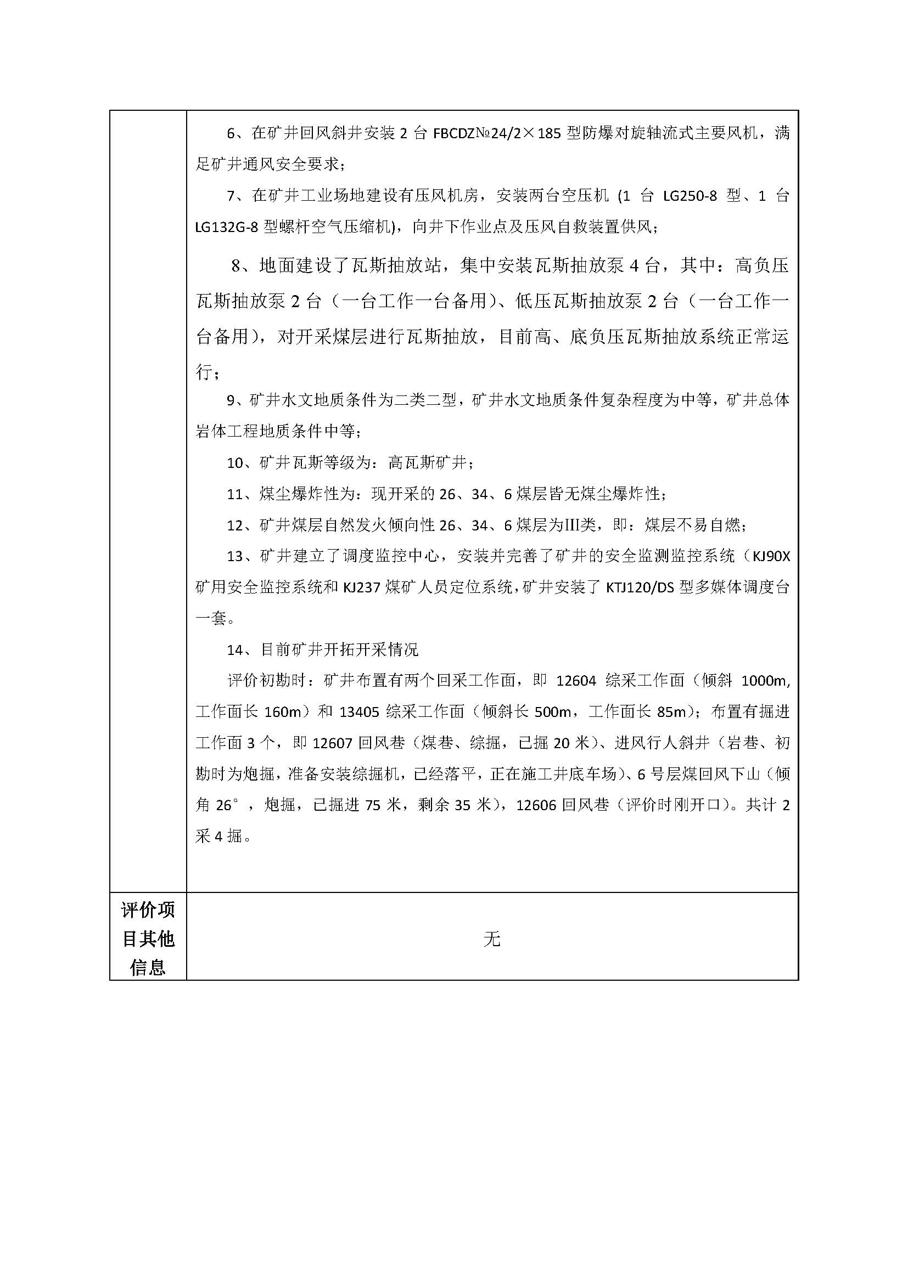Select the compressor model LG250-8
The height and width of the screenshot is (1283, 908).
click(x=690, y=196)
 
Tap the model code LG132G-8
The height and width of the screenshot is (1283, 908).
click(x=226, y=228)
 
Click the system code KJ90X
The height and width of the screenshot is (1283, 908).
click(x=771, y=557)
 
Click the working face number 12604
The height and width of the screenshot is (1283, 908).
click(x=576, y=681)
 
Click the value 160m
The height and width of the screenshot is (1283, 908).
click(x=283, y=711)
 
